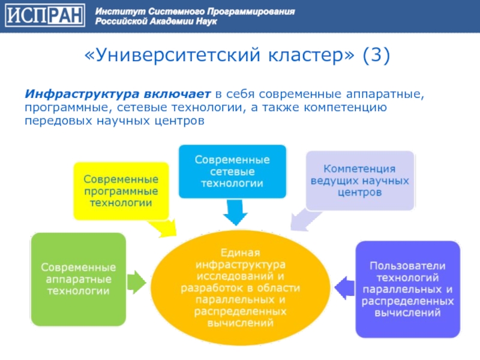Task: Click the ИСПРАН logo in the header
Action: (44, 16)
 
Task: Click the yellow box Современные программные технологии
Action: (121, 191)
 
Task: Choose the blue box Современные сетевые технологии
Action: (232, 172)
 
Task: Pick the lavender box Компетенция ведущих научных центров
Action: (359, 180)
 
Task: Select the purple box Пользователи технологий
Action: (407, 288)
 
